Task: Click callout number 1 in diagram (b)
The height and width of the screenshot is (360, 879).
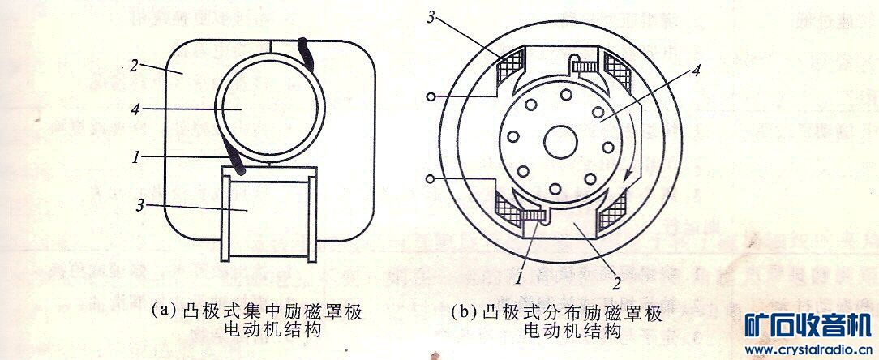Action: (517, 278)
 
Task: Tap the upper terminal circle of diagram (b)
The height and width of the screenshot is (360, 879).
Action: (431, 98)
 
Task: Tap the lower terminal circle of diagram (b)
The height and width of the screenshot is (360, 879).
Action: (431, 178)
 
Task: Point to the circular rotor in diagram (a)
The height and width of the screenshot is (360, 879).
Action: (261, 110)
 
